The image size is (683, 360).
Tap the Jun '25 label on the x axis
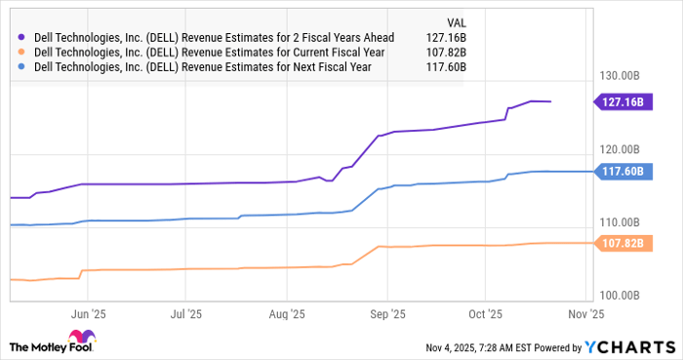pyautogui.click(x=88, y=315)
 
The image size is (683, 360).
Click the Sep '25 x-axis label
pyautogui.click(x=387, y=315)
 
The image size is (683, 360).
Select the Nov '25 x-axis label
pyautogui.click(x=587, y=315)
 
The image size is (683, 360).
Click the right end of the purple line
pyautogui.click(x=550, y=101)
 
